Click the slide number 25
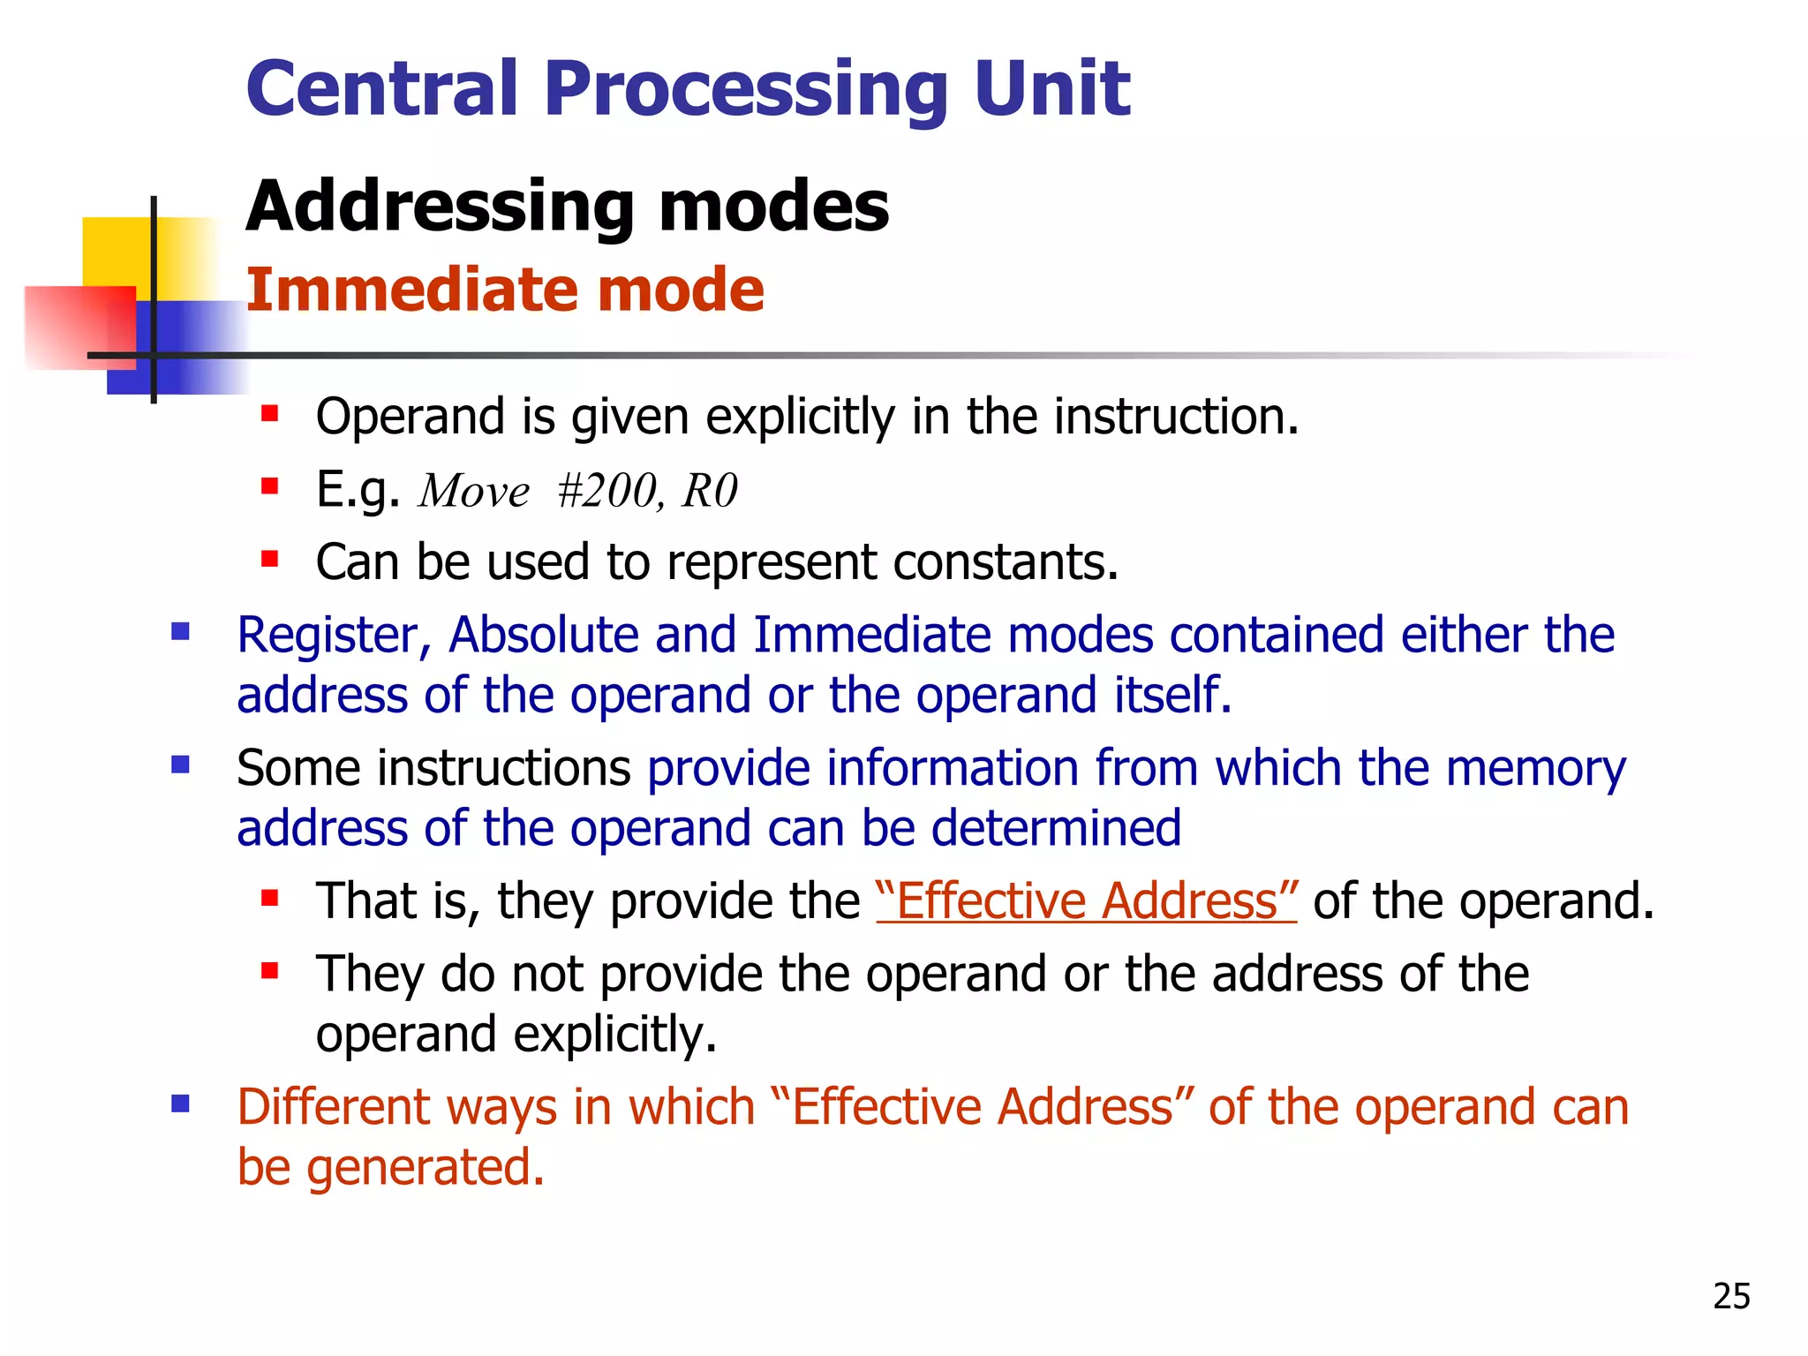click(1731, 1296)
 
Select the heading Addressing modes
click(567, 207)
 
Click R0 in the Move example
click(709, 491)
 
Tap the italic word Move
click(474, 491)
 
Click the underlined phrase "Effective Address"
click(1086, 902)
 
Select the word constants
click(1006, 562)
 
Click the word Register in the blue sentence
click(334, 636)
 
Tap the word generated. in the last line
click(426, 1168)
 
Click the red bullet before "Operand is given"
click(270, 413)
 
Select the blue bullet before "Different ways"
click(181, 1104)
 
